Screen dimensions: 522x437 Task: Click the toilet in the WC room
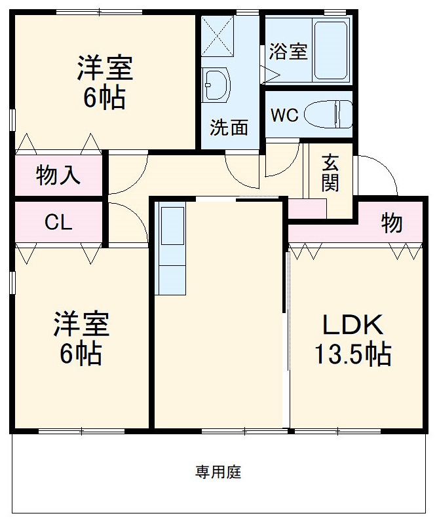pos(328,115)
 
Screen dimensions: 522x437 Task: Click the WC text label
pos(285,116)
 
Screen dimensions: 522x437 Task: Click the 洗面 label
pos(229,127)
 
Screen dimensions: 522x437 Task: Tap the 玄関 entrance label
pos(330,173)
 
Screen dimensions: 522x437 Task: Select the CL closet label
pos(58,223)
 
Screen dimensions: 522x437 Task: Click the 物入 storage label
pos(58,176)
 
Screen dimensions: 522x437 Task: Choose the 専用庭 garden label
pos(218,472)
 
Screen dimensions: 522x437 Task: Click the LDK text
pos(351,325)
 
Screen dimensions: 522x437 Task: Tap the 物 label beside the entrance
pos(392,224)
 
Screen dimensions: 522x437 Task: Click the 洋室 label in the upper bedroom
pos(105,69)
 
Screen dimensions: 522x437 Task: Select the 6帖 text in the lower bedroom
pos(81,354)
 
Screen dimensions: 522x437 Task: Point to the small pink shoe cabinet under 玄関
pos(307,208)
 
